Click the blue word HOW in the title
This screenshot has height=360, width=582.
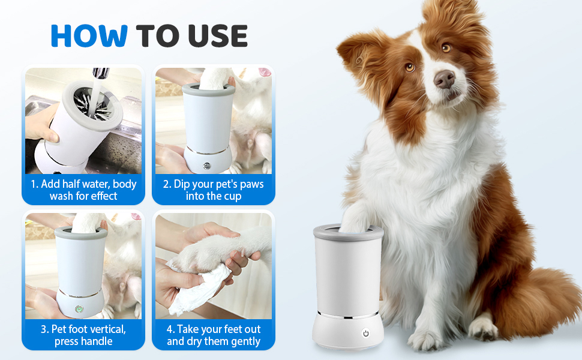[89, 35]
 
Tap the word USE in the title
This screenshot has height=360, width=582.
[218, 35]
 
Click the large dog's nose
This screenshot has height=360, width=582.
[444, 79]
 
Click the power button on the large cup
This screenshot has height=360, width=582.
[366, 333]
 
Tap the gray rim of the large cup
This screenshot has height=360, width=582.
[348, 233]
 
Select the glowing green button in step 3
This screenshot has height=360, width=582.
[79, 309]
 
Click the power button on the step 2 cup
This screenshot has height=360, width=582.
[207, 166]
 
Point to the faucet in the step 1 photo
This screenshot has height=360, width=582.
[100, 73]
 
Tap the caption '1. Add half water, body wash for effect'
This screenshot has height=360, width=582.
[83, 190]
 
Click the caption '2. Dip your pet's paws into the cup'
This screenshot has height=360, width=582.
[214, 190]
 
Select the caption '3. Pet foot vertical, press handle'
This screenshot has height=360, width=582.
[83, 335]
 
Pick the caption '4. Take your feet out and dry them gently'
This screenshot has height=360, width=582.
[214, 335]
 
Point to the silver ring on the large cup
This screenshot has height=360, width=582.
[348, 316]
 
